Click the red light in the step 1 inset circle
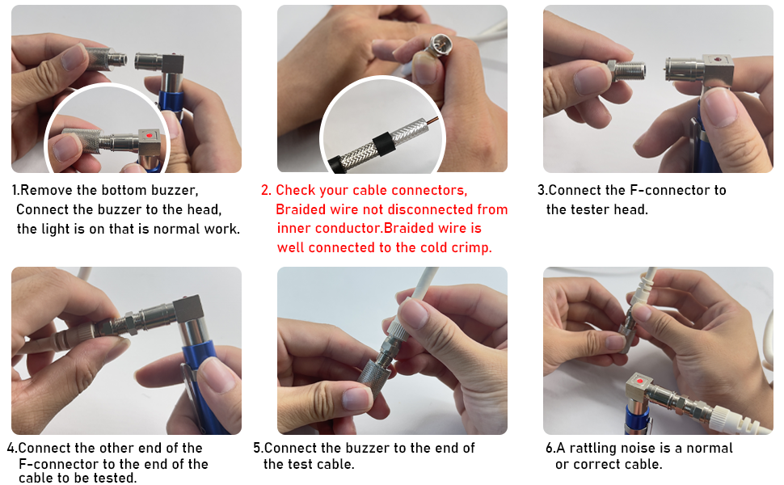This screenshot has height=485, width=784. (149, 136)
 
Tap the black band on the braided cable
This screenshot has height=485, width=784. (384, 145)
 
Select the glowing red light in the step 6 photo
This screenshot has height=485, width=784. (639, 382)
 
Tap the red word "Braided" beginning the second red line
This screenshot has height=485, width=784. (300, 209)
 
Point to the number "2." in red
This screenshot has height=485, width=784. (267, 191)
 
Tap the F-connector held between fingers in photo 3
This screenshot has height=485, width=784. (626, 71)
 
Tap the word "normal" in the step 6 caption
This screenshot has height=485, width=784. (710, 448)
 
